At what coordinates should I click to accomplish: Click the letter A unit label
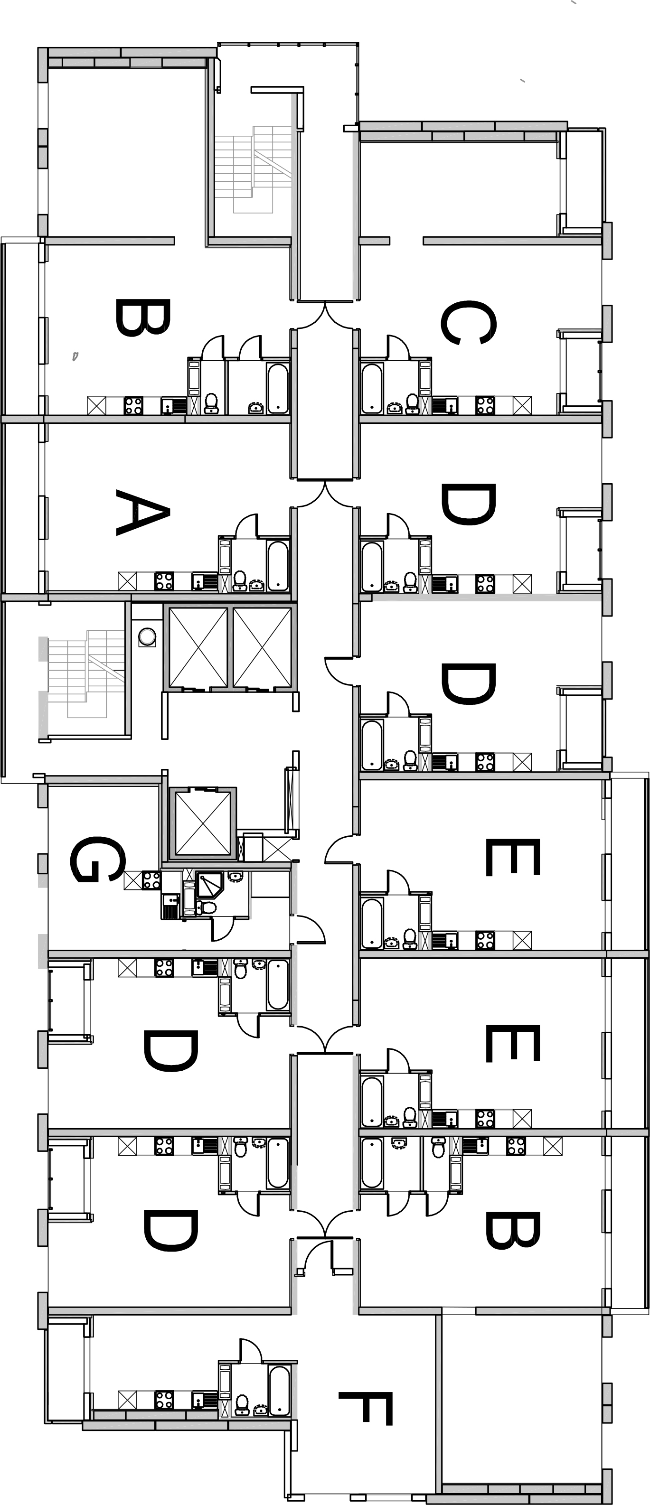[x=142, y=513]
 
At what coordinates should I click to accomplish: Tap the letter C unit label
[x=469, y=323]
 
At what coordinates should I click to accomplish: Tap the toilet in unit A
[x=239, y=580]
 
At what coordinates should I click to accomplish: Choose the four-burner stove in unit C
[x=485, y=405]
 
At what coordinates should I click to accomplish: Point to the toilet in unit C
[x=412, y=403]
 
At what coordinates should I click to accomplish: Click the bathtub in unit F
[x=279, y=1391]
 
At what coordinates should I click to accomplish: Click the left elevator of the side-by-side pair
[x=198, y=647]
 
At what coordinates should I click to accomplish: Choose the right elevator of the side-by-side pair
[x=262, y=647]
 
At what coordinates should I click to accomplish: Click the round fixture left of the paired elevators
[x=147, y=637]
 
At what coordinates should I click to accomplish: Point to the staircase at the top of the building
[x=253, y=169]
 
